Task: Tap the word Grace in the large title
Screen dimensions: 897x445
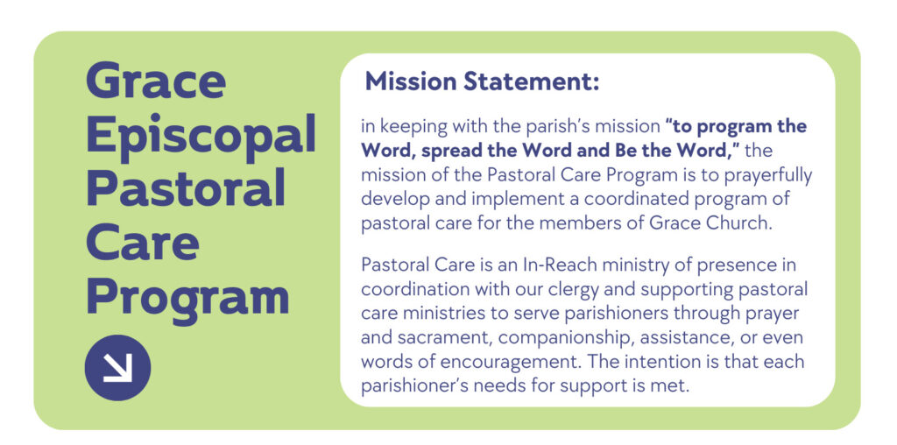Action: pyautogui.click(x=156, y=81)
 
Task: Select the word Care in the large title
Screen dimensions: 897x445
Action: pyautogui.click(x=143, y=244)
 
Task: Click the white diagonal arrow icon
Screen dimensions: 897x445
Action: pyautogui.click(x=117, y=367)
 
